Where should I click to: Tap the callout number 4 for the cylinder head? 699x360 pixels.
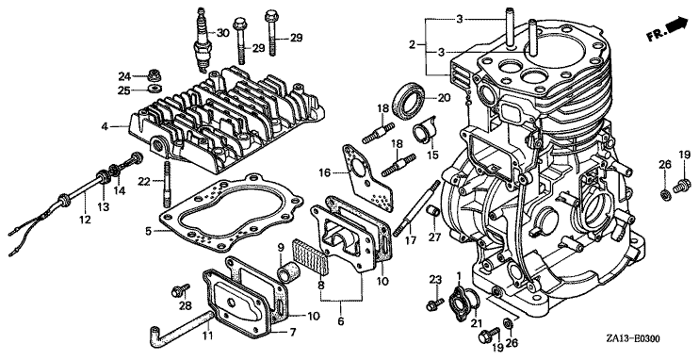pyautogui.click(x=105, y=126)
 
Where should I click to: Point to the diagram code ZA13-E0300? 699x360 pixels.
pyautogui.click(x=632, y=339)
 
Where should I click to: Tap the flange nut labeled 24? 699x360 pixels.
pyautogui.click(x=154, y=74)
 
